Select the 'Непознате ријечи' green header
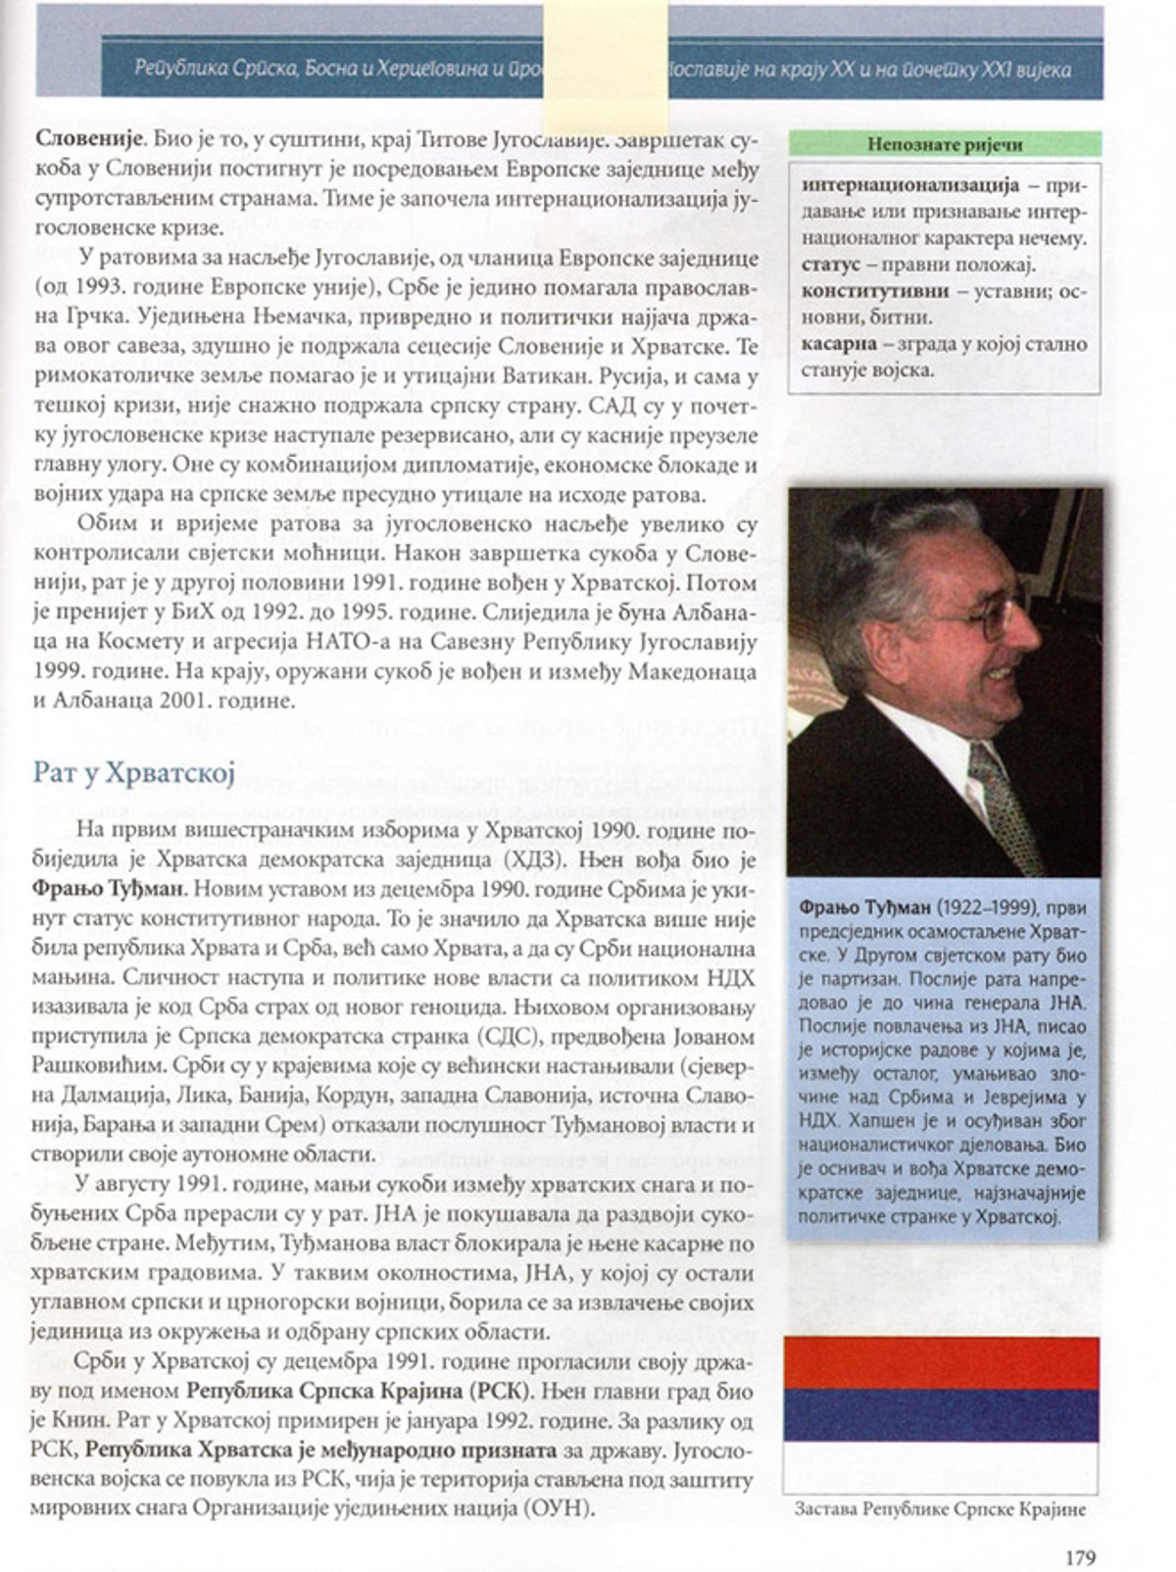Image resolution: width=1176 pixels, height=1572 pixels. [944, 145]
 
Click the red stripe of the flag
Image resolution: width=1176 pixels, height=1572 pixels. [943, 1363]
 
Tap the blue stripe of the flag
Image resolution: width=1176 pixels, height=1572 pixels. [943, 1414]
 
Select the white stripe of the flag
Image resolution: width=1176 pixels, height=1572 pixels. [943, 1466]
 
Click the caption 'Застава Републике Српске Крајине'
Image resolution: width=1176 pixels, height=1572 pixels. [940, 1510]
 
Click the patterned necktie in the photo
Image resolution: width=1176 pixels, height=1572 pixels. [1004, 804]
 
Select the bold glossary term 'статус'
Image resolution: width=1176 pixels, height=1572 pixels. [830, 265]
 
